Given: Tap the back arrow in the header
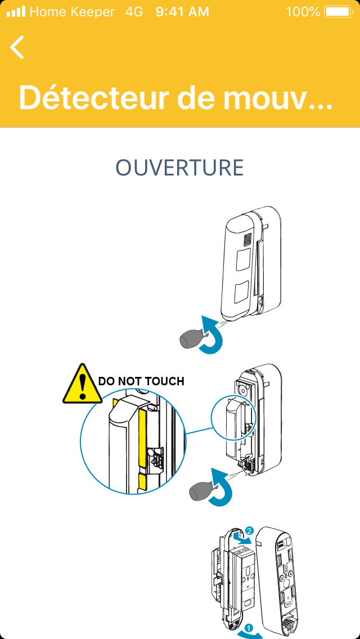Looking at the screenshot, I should tap(17, 47).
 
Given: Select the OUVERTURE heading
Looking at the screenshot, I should tap(179, 168).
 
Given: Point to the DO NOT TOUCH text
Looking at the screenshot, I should tap(141, 381).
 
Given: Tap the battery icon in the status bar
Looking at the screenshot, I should tap(337, 11).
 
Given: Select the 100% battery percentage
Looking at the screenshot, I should tap(303, 11).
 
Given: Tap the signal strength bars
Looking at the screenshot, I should tap(16, 11).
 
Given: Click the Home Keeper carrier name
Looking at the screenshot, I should tap(72, 11).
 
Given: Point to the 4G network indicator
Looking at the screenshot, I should tap(134, 11).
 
